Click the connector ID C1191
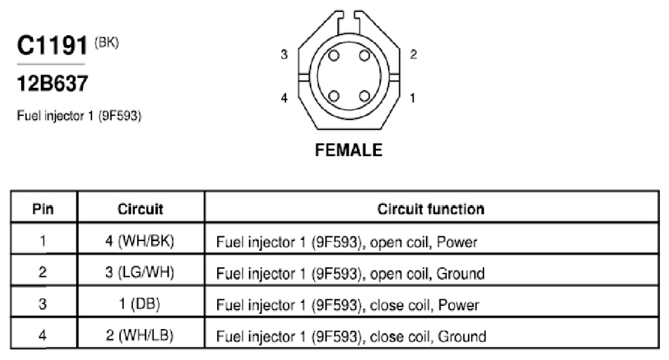coord(52,45)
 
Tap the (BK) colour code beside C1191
coord(106,43)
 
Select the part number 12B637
coord(53,83)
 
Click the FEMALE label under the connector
coord(349,150)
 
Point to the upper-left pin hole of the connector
coord(334,56)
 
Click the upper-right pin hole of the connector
coord(364,56)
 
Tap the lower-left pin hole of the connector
coord(334,96)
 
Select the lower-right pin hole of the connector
coord(364,96)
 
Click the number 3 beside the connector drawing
coord(284,55)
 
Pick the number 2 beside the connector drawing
coord(413,55)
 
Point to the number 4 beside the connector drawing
coord(284,98)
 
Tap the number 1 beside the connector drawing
coord(413,98)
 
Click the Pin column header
coord(43,209)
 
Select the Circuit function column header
coord(431,209)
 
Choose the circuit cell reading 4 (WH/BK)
coord(140,241)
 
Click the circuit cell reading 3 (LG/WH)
coord(140,272)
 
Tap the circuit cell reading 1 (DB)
coord(140,304)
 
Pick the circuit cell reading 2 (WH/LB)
coord(140,335)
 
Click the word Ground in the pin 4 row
coord(462,337)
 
